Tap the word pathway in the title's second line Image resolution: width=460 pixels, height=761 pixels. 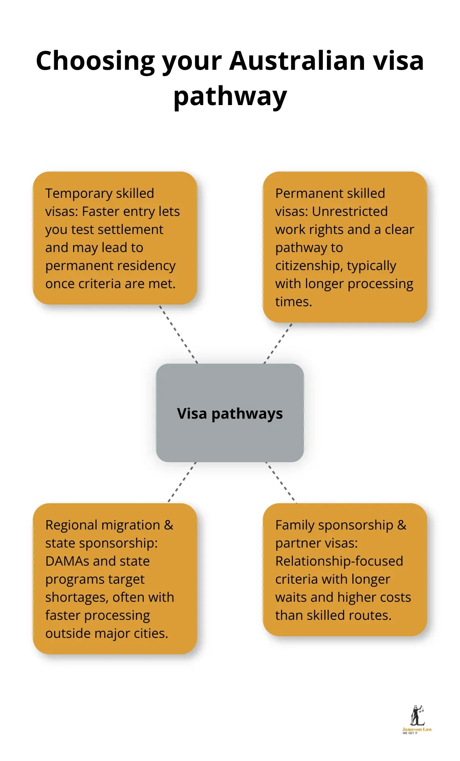(230, 97)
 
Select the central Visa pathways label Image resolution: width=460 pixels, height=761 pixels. (230, 413)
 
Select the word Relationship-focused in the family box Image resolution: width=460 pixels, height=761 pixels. (339, 561)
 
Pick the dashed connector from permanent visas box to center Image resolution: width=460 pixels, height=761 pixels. (278, 344)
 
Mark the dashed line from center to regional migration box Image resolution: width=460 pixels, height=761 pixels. (182, 482)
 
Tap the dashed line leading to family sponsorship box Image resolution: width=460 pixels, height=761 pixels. (281, 482)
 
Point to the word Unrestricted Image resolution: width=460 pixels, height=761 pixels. (350, 211)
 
